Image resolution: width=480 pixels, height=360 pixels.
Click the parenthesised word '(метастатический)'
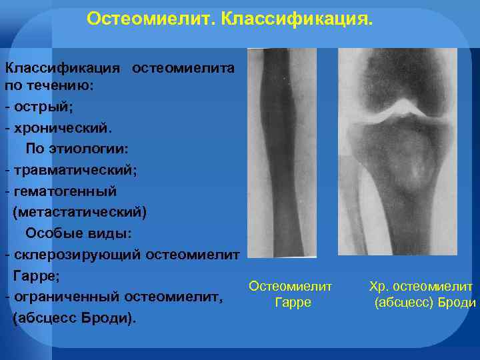coord(79,212)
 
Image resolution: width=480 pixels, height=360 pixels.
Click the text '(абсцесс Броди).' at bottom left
coord(73,318)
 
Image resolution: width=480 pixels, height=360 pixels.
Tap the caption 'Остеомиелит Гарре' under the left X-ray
coord(290,294)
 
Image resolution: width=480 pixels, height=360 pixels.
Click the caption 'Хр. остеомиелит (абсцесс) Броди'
coord(422,294)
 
